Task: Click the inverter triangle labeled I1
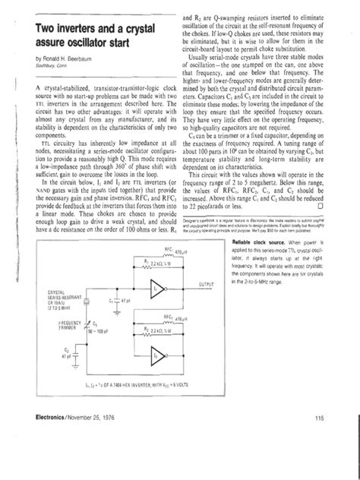coord(156,291)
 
